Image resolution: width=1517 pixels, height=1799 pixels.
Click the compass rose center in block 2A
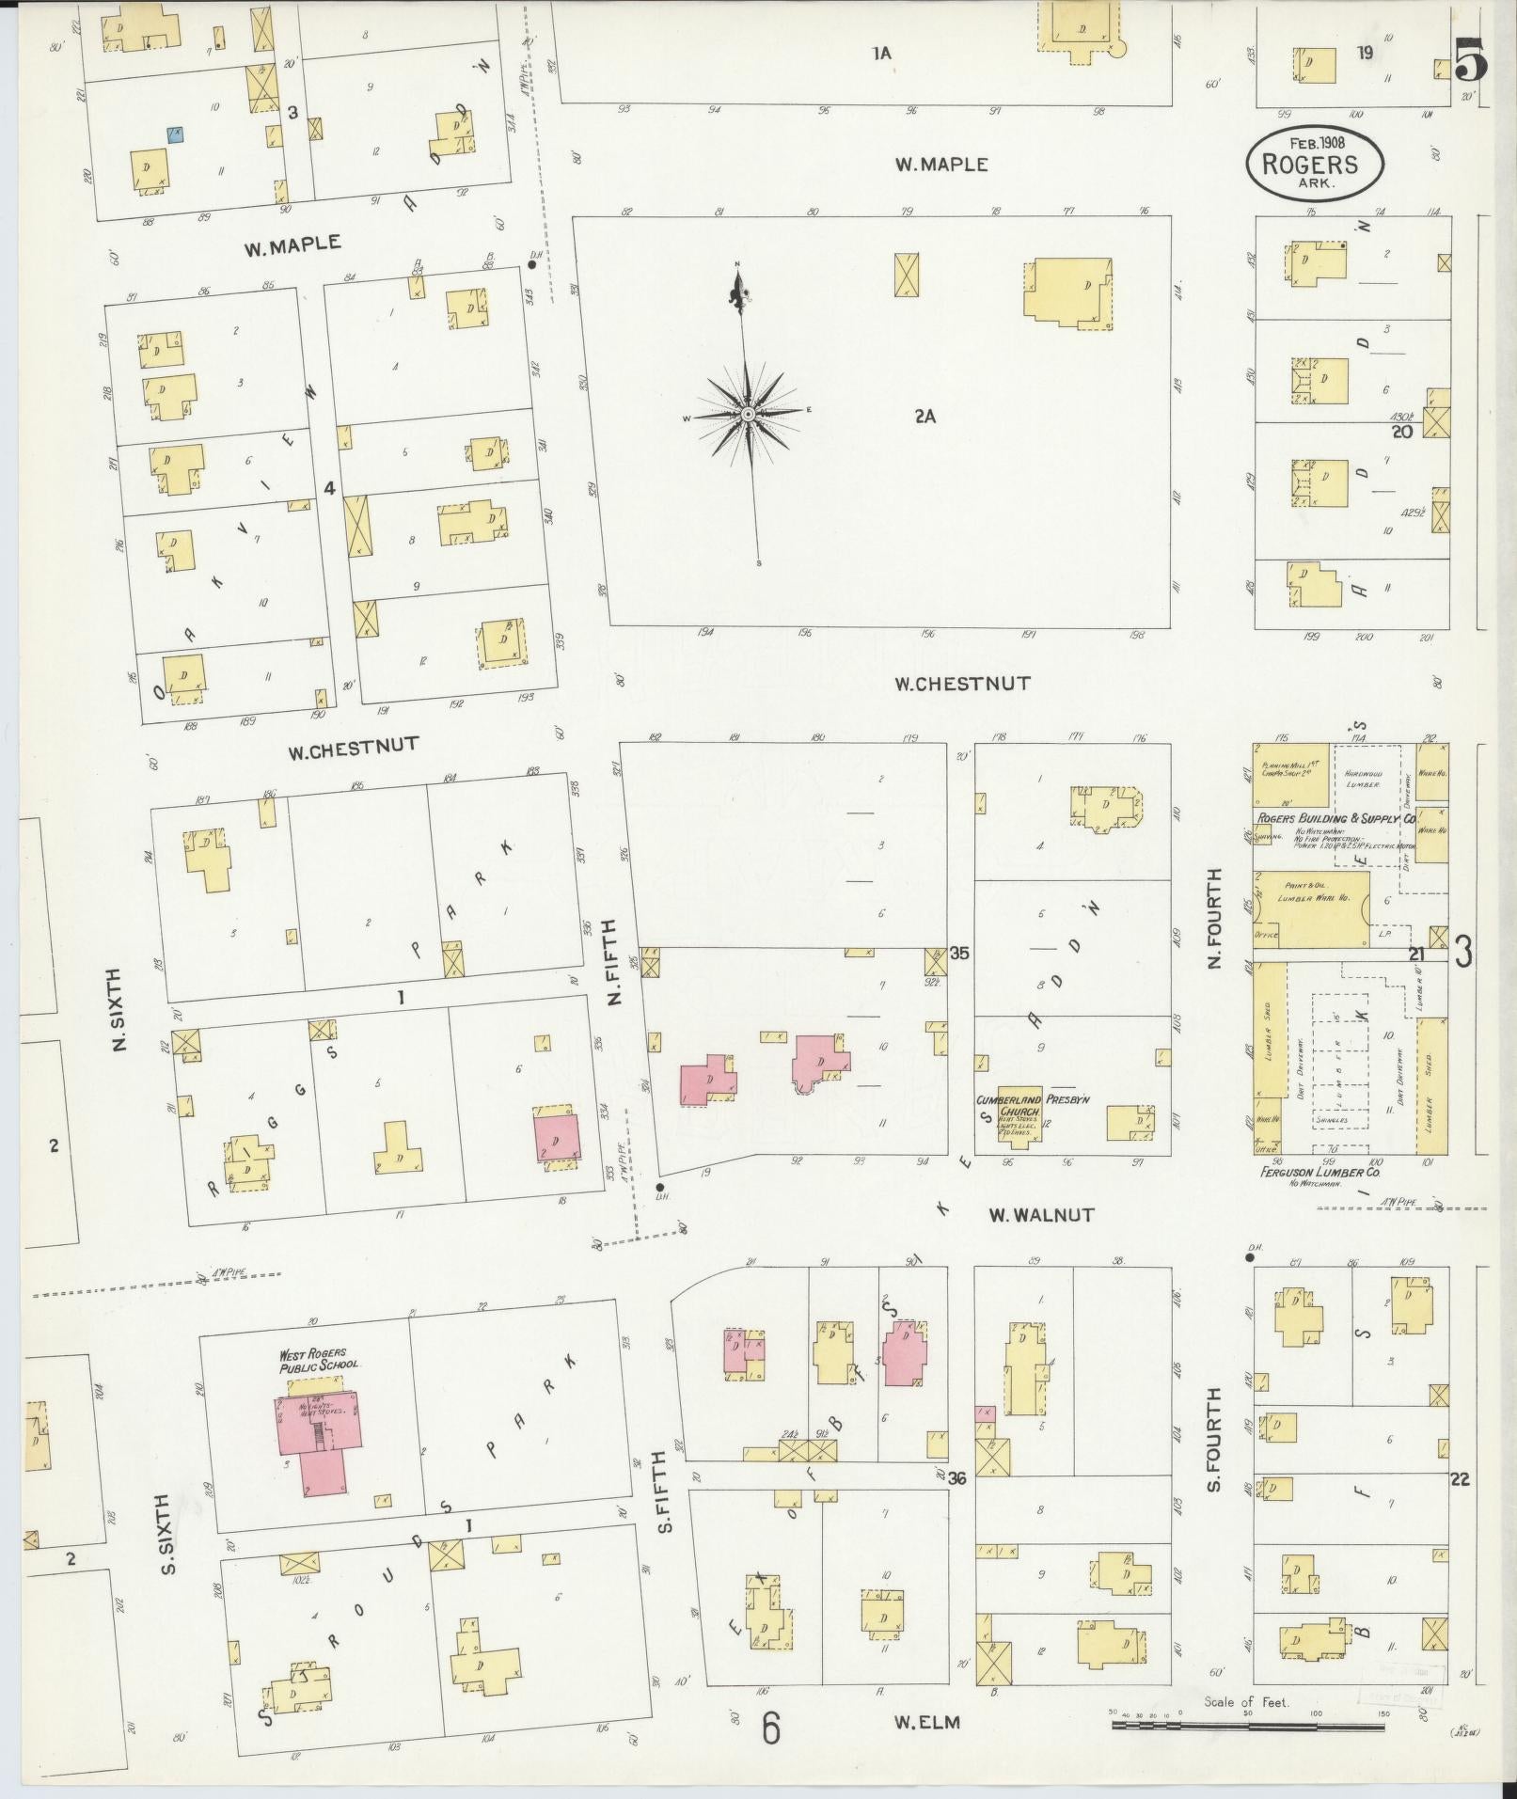coord(748,414)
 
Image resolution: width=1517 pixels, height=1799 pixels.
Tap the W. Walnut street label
coord(1040,1215)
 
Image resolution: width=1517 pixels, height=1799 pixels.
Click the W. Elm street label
coord(926,1722)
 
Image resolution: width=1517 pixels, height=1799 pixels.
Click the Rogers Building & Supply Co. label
coord(1334,819)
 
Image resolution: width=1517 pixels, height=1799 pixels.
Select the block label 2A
coord(924,416)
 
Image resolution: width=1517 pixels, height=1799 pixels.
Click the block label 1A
coord(880,54)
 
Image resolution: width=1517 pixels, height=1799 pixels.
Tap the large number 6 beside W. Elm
coord(771,1728)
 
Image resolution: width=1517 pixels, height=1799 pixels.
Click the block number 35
coord(958,953)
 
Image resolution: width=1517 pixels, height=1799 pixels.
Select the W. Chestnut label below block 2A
coord(961,683)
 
